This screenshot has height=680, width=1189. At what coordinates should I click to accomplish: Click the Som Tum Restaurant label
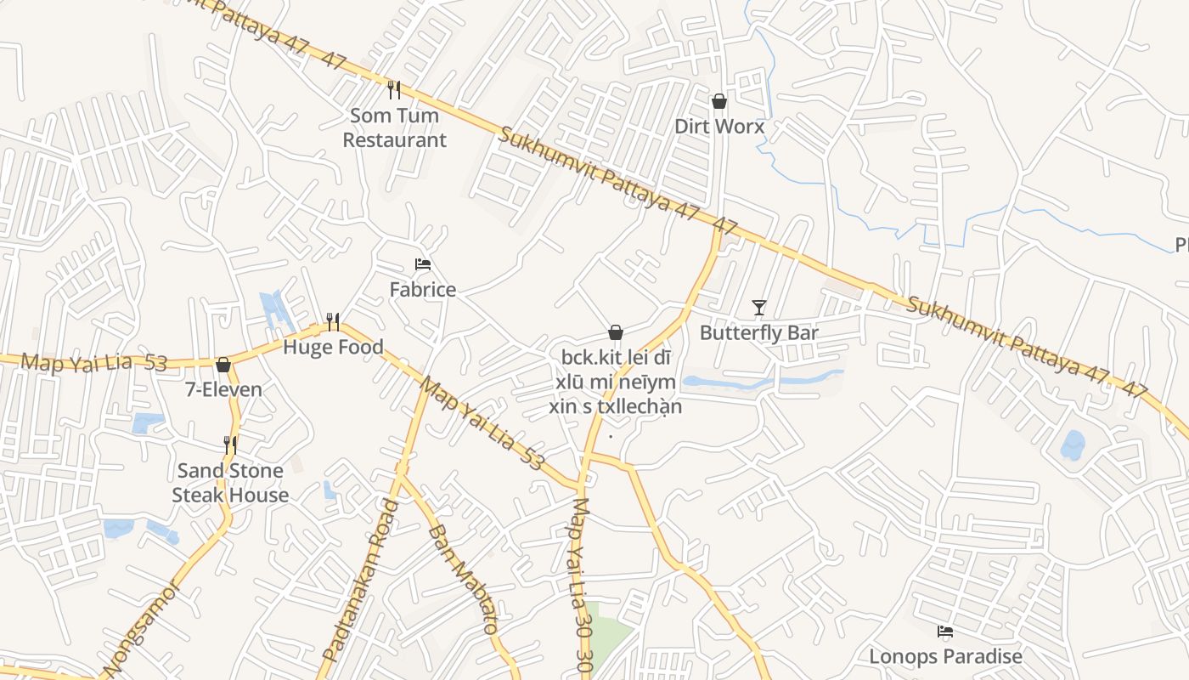click(394, 127)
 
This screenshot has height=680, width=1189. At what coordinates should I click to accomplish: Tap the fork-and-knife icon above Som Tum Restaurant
click(394, 89)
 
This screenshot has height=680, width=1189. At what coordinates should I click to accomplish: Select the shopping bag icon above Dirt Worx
click(719, 102)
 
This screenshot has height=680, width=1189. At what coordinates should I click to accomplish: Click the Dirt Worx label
click(719, 127)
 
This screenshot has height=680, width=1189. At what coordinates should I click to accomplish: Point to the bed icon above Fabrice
click(423, 264)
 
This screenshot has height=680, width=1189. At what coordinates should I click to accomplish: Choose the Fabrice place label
click(423, 290)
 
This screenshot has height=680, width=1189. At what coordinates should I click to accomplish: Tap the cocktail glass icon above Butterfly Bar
click(759, 307)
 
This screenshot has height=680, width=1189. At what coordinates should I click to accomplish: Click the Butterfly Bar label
click(759, 332)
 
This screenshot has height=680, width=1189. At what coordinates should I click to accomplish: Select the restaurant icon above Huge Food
click(333, 321)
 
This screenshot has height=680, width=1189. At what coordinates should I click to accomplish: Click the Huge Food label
click(333, 347)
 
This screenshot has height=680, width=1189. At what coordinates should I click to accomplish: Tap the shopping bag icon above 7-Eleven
click(223, 365)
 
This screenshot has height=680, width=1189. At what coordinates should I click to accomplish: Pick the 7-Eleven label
click(223, 390)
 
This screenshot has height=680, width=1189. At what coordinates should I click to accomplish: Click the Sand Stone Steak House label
click(230, 483)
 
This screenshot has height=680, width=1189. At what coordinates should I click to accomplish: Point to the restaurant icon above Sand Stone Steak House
click(230, 445)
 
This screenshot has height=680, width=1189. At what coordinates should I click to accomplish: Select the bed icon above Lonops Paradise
click(945, 632)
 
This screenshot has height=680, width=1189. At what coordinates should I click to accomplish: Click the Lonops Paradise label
click(945, 656)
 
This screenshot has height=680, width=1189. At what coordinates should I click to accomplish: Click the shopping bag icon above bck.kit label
click(616, 332)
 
